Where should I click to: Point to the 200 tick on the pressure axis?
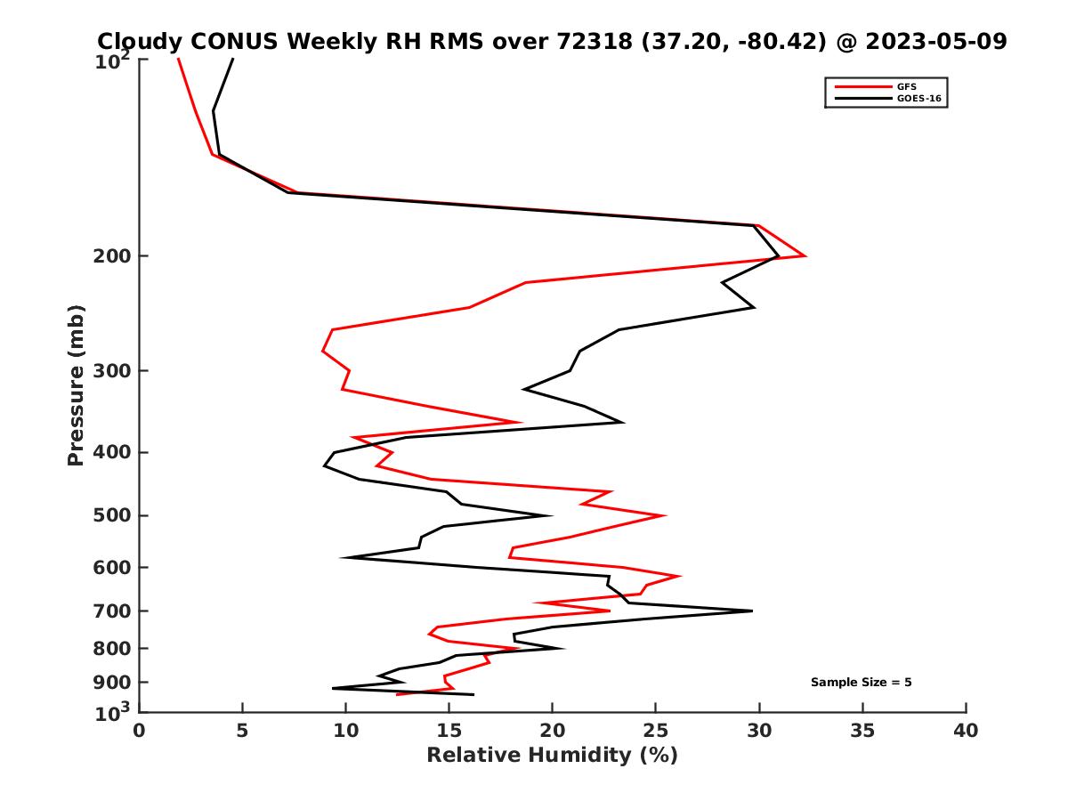point(113,256)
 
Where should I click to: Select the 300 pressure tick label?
point(113,370)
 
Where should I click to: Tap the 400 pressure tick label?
point(113,452)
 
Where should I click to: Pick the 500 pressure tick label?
point(113,515)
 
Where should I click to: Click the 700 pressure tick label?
point(113,611)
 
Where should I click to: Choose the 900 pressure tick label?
point(113,683)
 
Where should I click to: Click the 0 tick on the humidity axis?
point(140,731)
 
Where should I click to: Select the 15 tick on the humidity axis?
point(449,731)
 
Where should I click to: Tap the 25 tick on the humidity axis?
point(656,731)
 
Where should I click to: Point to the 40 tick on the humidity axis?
point(966,731)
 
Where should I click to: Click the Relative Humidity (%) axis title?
point(552,756)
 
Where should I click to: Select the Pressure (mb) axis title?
point(76,384)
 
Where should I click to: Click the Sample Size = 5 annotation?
point(861,683)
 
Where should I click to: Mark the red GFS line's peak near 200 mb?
point(805,255)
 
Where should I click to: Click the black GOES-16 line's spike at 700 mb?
point(752,611)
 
